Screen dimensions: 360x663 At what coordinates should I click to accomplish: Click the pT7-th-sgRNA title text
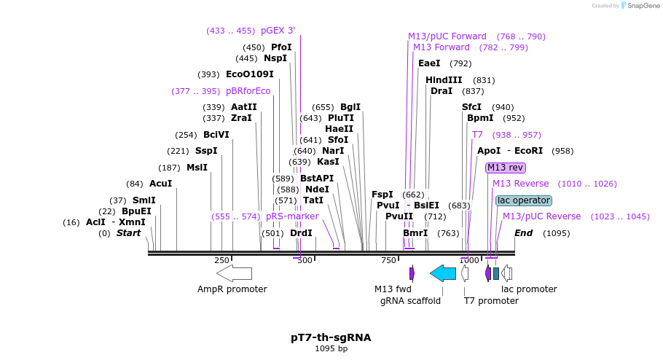pyautogui.click(x=331, y=337)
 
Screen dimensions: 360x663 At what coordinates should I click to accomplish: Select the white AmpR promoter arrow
pyautogui.click(x=234, y=273)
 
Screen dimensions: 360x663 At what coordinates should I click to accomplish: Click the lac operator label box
pyautogui.click(x=524, y=200)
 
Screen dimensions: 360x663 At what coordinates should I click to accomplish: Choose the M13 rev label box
pyautogui.click(x=505, y=168)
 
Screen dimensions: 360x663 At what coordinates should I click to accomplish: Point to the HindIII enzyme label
pyautogui.click(x=444, y=80)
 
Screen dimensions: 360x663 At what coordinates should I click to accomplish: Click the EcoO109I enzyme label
pyautogui.click(x=249, y=74)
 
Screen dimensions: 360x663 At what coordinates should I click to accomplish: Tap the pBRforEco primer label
pyautogui.click(x=248, y=91)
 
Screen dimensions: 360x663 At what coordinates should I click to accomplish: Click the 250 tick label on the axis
pyautogui.click(x=221, y=260)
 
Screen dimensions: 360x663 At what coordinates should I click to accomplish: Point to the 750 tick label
pyautogui.click(x=388, y=260)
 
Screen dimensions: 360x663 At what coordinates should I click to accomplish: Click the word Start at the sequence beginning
pyautogui.click(x=128, y=233)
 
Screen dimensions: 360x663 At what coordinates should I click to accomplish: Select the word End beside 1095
pyautogui.click(x=523, y=233)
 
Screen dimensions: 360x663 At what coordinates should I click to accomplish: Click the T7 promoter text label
pyautogui.click(x=491, y=301)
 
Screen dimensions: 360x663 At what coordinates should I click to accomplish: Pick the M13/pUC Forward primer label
pyautogui.click(x=447, y=36)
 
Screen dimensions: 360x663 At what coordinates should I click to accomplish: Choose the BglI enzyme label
pyautogui.click(x=350, y=107)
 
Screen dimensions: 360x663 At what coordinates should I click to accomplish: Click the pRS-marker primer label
pyautogui.click(x=292, y=216)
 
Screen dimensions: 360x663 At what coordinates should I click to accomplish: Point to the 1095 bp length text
pyautogui.click(x=331, y=349)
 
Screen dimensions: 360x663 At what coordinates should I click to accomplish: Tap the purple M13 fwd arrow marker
pyautogui.click(x=412, y=273)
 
